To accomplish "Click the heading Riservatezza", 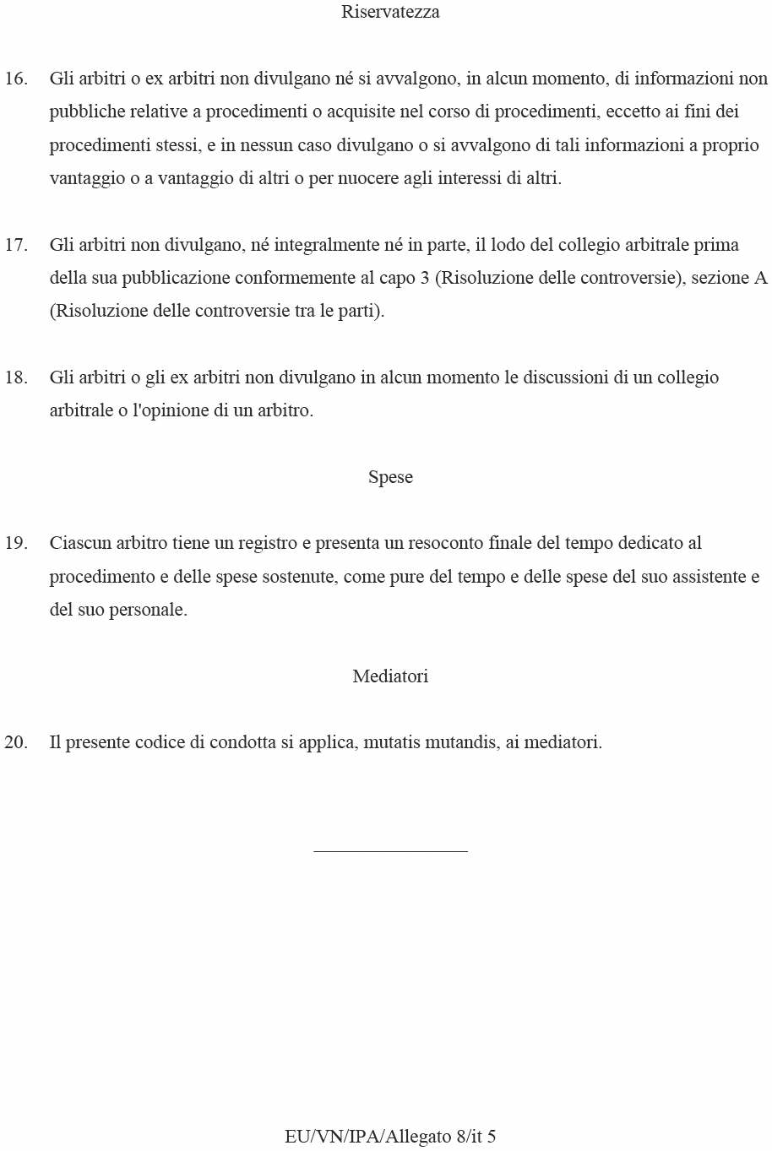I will pyautogui.click(x=390, y=12).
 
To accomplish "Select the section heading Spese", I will pyautogui.click(x=390, y=477).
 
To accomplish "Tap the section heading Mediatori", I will pyautogui.click(x=390, y=676).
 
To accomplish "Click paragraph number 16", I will pyautogui.click(x=16, y=79).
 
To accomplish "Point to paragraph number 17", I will pyautogui.click(x=16, y=245).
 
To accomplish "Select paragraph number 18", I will pyautogui.click(x=16, y=377).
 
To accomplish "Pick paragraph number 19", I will pyautogui.click(x=16, y=543).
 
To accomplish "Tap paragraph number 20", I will pyautogui.click(x=16, y=742).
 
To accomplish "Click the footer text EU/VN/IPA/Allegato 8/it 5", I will pyautogui.click(x=390, y=1137).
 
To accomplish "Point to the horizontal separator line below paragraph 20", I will pyautogui.click(x=390, y=851).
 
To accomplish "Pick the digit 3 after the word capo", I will pyautogui.click(x=425, y=278).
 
